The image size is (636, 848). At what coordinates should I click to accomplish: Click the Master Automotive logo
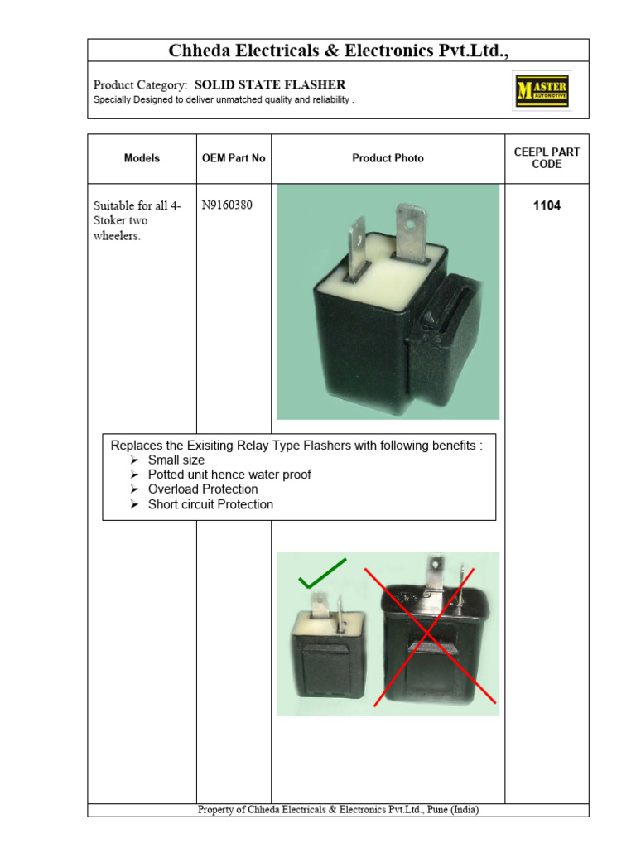pyautogui.click(x=542, y=90)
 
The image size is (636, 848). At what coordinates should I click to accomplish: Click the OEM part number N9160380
pyautogui.click(x=228, y=205)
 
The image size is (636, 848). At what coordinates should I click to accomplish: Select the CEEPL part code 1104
pyautogui.click(x=547, y=205)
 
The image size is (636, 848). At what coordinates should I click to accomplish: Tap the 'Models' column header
pyautogui.click(x=142, y=158)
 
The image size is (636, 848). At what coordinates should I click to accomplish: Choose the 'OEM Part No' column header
pyautogui.click(x=234, y=158)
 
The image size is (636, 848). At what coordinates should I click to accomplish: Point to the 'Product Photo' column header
pyautogui.click(x=388, y=158)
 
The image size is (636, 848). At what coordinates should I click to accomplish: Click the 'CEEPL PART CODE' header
pyautogui.click(x=547, y=158)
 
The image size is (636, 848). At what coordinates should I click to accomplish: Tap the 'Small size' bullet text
pyautogui.click(x=176, y=460)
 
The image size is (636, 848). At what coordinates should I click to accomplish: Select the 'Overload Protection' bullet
pyautogui.click(x=203, y=489)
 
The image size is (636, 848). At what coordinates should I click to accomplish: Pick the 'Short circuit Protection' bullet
pyautogui.click(x=210, y=504)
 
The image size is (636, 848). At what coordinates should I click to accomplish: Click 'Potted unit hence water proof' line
pyautogui.click(x=229, y=475)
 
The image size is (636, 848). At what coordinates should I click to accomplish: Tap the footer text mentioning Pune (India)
pyautogui.click(x=338, y=810)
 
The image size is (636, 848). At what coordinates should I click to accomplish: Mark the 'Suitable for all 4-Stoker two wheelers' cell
pyautogui.click(x=137, y=221)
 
